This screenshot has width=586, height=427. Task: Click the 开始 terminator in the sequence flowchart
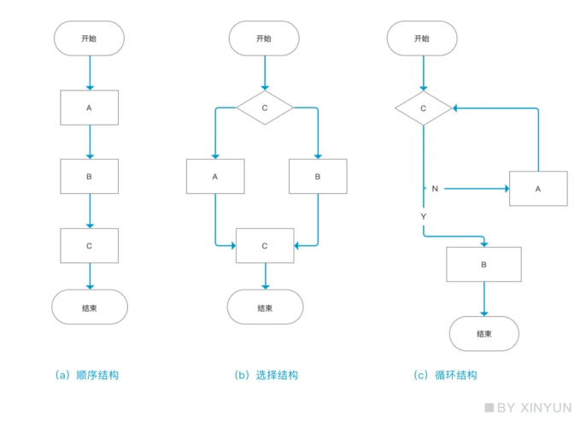tap(89, 38)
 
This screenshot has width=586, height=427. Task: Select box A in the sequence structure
tap(89, 108)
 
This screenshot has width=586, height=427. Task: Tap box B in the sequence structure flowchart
tap(89, 177)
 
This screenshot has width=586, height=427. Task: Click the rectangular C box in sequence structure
tap(89, 245)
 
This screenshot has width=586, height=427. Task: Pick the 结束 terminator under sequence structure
tap(89, 307)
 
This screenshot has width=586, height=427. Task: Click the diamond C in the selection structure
tap(264, 108)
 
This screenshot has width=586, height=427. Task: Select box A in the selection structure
tap(215, 177)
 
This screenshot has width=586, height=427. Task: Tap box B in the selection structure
tap(318, 177)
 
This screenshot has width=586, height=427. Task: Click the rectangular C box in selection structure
tap(264, 245)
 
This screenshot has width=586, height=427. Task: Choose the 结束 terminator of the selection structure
tap(264, 307)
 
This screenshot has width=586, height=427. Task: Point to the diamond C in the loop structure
tap(424, 108)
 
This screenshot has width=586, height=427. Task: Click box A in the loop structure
tap(538, 188)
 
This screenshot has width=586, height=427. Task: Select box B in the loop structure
tap(484, 265)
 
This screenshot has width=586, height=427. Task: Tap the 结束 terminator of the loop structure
tap(484, 333)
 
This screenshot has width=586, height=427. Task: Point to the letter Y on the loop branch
tap(424, 218)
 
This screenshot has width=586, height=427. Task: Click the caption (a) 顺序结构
tap(86, 375)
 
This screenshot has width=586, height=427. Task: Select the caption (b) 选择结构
tap(266, 375)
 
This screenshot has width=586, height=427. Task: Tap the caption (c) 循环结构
tap(445, 375)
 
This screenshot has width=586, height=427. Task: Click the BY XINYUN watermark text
tap(530, 408)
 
